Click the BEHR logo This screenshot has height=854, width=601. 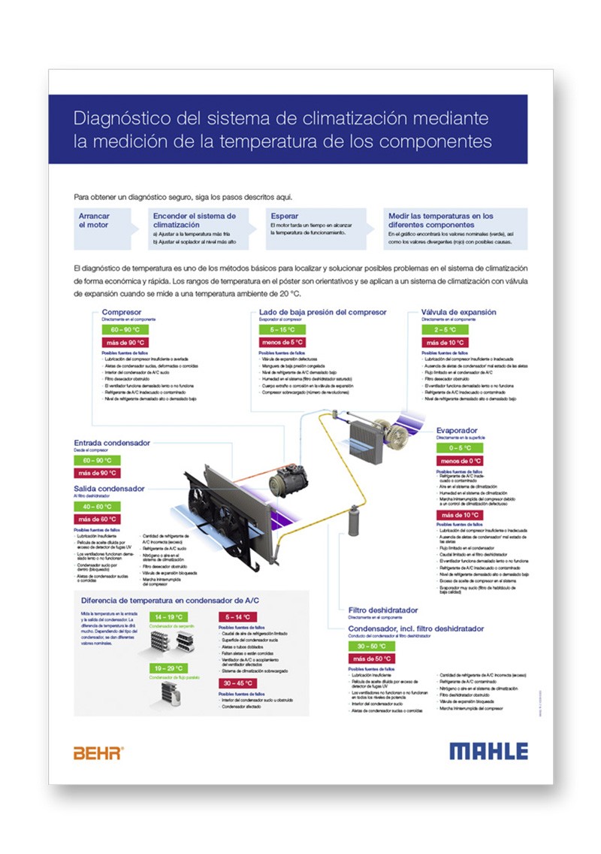[x=98, y=752]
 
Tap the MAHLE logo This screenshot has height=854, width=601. [x=488, y=750]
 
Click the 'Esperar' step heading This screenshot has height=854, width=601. [x=284, y=217]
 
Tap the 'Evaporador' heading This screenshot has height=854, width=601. [x=457, y=431]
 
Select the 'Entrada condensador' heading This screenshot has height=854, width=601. [x=112, y=442]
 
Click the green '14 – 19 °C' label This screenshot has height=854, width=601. [x=170, y=616]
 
